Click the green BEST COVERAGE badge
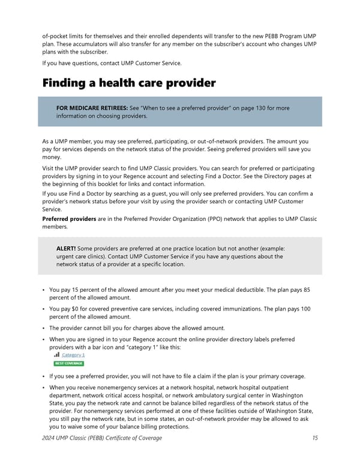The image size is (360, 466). coord(68,363)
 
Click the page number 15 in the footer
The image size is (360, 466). coord(314,438)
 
